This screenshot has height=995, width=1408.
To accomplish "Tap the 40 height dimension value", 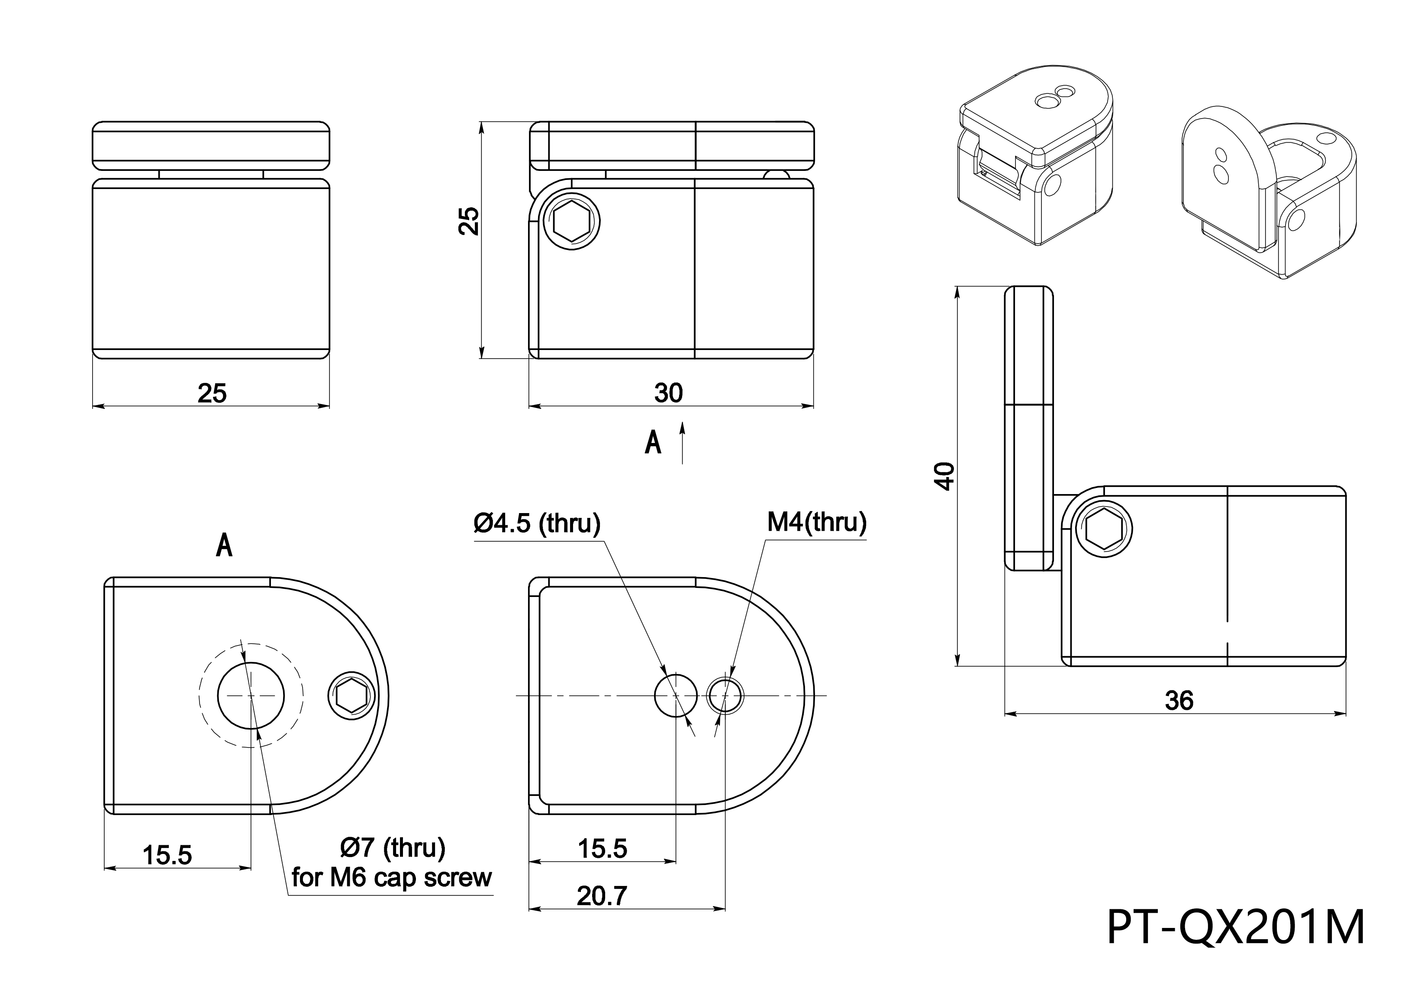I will (x=946, y=476).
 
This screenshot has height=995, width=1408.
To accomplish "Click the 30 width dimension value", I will (x=668, y=393).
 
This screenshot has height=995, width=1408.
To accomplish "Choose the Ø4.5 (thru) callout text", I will (x=537, y=523).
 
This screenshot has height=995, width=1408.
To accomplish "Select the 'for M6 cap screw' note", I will (x=391, y=878).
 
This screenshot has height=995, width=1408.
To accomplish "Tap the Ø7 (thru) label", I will (x=393, y=848).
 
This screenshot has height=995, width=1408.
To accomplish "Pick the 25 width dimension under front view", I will (x=212, y=393).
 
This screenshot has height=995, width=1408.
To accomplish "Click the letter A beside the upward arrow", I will (x=653, y=442).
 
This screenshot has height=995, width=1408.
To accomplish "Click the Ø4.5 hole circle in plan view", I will (x=675, y=695).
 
